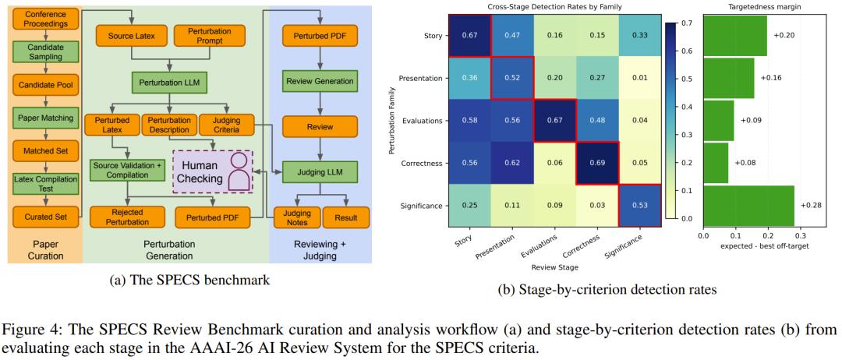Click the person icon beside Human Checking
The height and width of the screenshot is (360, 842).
click(x=242, y=172)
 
